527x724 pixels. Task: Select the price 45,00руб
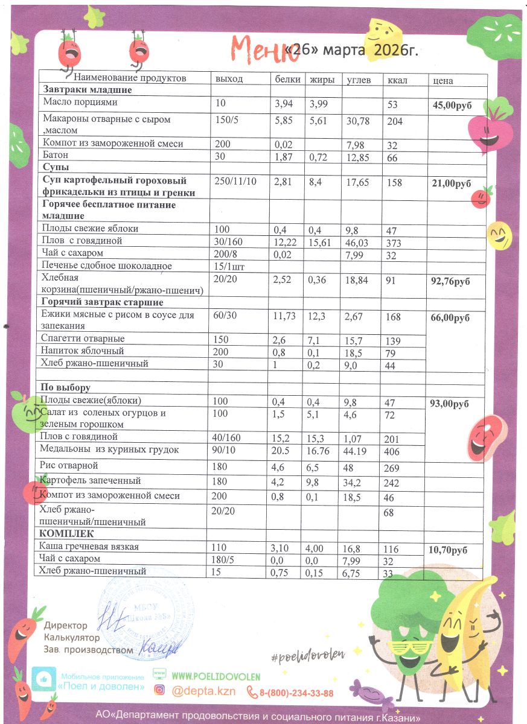coord(452,105)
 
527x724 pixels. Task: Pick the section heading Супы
coord(56,167)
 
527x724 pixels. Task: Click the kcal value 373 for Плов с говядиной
coord(394,241)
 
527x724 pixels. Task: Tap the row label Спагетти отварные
coord(83,338)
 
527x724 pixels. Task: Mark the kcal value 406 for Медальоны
coord(395,451)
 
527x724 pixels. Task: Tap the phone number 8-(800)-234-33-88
coord(296,693)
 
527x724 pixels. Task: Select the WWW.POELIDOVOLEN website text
coord(217,676)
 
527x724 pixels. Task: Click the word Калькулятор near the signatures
coord(71,637)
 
